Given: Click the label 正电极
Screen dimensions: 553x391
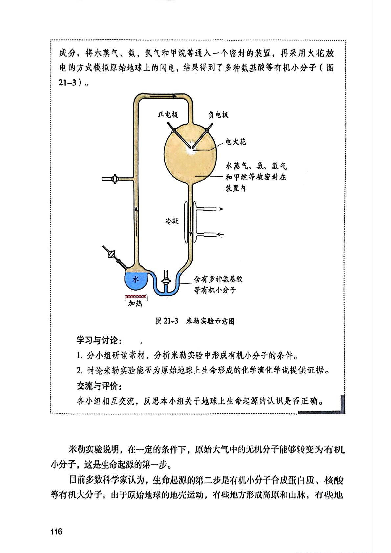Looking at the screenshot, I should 168,115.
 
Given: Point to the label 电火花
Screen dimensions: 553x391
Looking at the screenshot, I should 235,142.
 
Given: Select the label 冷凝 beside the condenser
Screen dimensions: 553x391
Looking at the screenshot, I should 172,221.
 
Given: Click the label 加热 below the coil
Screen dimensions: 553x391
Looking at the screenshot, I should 135,304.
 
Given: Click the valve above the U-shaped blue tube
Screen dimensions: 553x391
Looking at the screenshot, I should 166,282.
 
